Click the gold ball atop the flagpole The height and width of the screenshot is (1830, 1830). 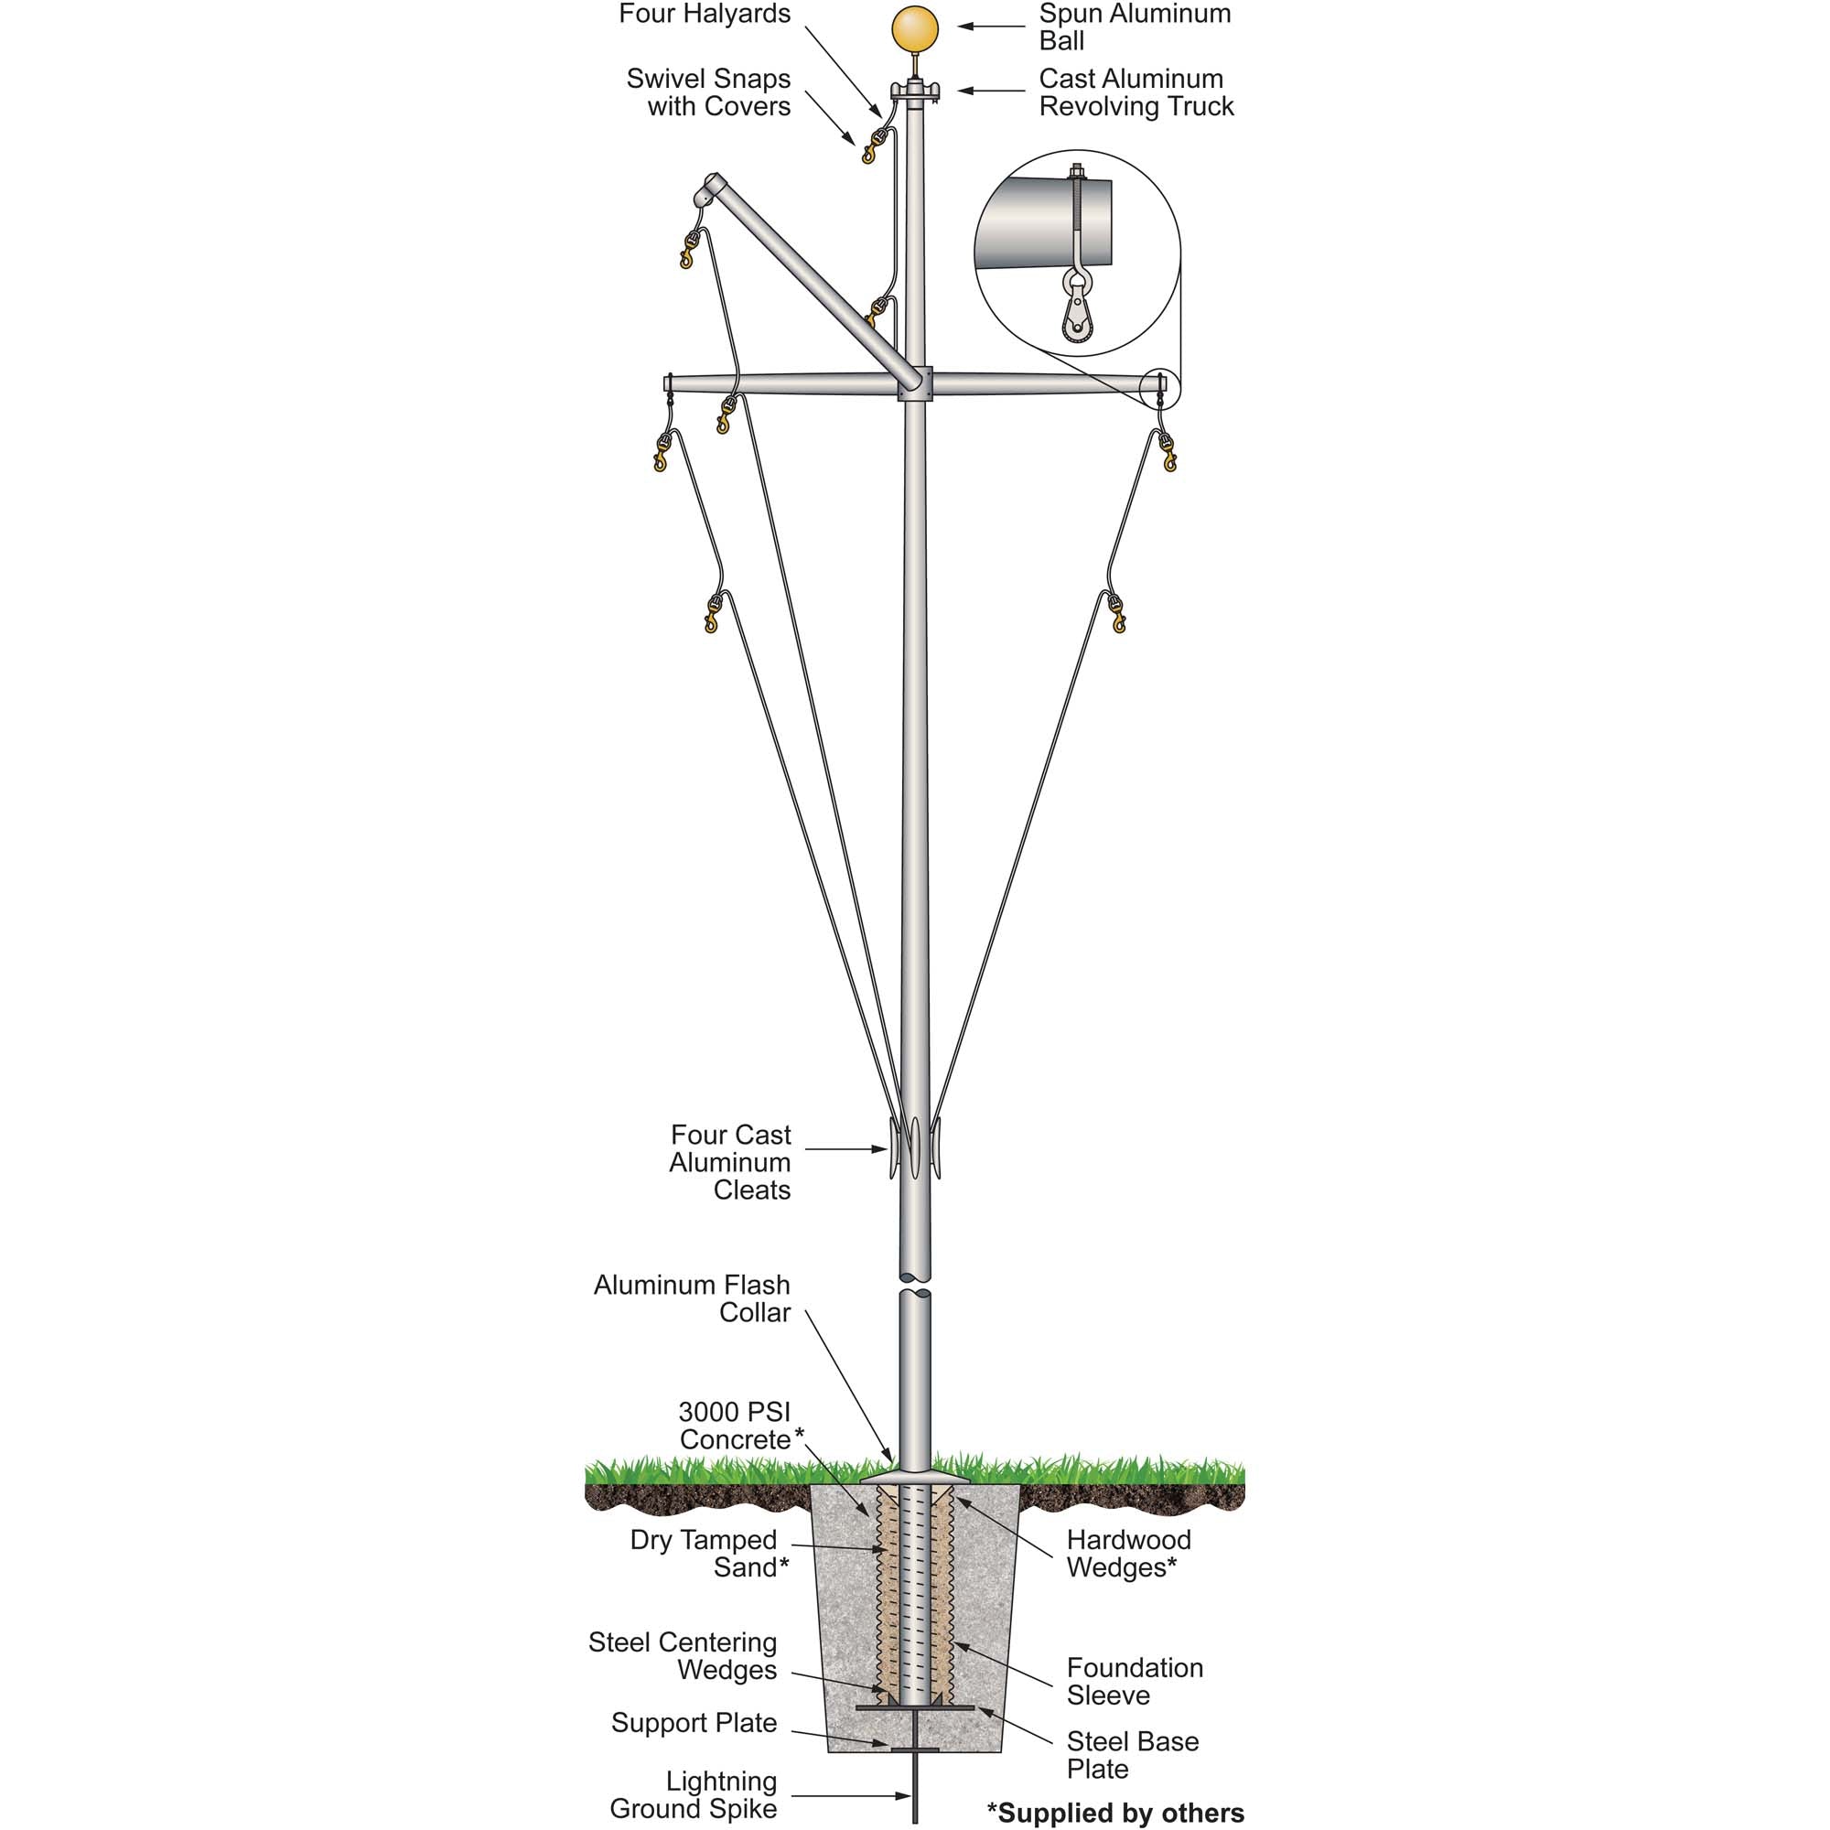pyautogui.click(x=915, y=29)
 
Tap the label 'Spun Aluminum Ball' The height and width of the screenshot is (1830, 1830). pyautogui.click(x=1134, y=27)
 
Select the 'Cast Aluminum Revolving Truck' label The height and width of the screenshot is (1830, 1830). pyautogui.click(x=1136, y=91)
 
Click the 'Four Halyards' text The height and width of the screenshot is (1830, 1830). pyautogui.click(x=704, y=15)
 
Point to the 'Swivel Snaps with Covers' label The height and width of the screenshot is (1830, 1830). pyautogui.click(x=708, y=91)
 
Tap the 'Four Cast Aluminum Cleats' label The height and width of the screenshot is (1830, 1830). pyautogui.click(x=730, y=1161)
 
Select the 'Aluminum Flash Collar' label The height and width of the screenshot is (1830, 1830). pyautogui.click(x=693, y=1297)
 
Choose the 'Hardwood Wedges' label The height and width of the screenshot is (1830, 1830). pyautogui.click(x=1128, y=1553)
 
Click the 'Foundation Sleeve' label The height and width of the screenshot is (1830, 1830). pyautogui.click(x=1134, y=1680)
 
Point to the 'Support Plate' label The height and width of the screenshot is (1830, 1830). pyautogui.click(x=694, y=1722)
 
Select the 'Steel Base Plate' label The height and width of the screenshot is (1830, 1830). pyautogui.click(x=1132, y=1754)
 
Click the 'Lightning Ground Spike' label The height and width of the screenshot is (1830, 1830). pyautogui.click(x=694, y=1794)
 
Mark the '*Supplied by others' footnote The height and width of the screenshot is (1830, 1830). pyautogui.click(x=1114, y=1812)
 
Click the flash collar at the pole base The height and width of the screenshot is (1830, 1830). pyautogui.click(x=914, y=1477)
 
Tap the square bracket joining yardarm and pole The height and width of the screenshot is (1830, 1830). pyautogui.click(x=915, y=383)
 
